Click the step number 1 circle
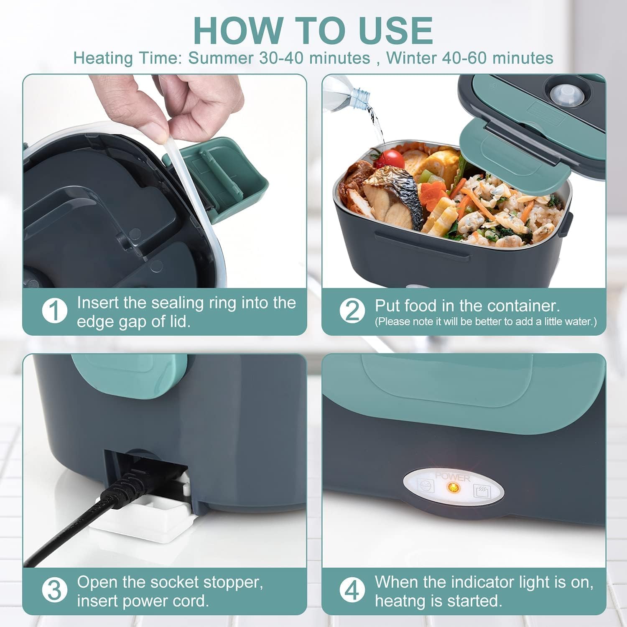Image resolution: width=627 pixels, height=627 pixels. [55, 311]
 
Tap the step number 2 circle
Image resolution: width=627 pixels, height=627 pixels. [352, 311]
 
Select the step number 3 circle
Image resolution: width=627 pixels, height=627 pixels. [55, 590]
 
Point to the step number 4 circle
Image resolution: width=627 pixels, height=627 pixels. [352, 590]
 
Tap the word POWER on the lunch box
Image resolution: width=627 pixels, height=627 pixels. [452, 477]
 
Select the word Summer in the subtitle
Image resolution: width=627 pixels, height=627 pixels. [220, 58]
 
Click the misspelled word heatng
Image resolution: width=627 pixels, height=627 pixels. [401, 601]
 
